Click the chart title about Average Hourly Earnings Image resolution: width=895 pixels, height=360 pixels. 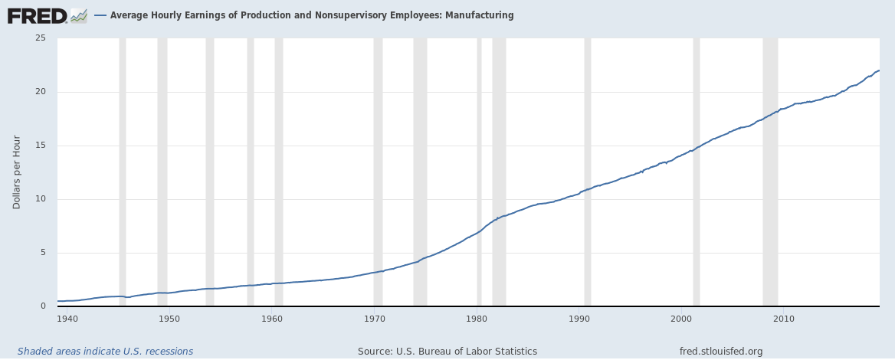312,15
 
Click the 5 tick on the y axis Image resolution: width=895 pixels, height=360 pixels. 43,253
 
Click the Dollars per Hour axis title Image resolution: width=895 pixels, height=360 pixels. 17,172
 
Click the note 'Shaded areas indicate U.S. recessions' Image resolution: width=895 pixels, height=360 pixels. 105,352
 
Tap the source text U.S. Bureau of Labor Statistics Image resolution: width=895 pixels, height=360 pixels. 447,352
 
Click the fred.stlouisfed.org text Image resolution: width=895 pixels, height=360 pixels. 721,352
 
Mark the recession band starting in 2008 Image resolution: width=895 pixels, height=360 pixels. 770,172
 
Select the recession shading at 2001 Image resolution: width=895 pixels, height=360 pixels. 697,172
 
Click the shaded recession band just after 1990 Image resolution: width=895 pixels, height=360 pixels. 588,172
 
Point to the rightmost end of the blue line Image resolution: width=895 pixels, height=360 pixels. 879,70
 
